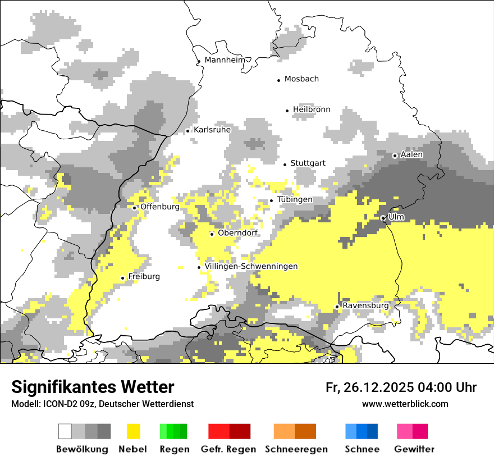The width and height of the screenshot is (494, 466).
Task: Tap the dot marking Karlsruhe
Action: pyautogui.click(x=188, y=131)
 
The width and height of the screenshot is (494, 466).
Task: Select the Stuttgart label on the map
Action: pyautogui.click(x=308, y=163)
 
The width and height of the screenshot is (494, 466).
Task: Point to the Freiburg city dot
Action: pyautogui.click(x=123, y=278)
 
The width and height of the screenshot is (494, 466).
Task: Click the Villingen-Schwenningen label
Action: pyautogui.click(x=251, y=267)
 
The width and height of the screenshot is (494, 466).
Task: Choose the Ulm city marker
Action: pyautogui.click(x=383, y=218)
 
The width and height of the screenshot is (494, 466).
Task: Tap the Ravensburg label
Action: pyautogui.click(x=365, y=306)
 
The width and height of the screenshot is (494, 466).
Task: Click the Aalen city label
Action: pyautogui.click(x=411, y=154)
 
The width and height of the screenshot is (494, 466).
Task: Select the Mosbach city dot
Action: pyautogui.click(x=279, y=80)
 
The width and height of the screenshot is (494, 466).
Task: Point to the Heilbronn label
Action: pyautogui.click(x=312, y=109)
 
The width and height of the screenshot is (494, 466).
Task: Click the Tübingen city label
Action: pyautogui.click(x=295, y=200)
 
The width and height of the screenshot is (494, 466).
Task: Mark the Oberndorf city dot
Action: pyautogui.click(x=212, y=234)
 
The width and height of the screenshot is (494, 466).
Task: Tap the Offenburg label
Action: pyautogui.click(x=160, y=207)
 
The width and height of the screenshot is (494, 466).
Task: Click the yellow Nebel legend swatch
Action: pyautogui.click(x=134, y=431)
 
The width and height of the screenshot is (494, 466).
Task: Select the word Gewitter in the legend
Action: pyautogui.click(x=414, y=449)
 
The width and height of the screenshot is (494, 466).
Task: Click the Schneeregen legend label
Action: pyautogui.click(x=296, y=449)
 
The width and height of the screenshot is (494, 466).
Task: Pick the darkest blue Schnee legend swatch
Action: pyautogui.click(x=373, y=431)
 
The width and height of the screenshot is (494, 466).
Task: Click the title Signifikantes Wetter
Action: pyautogui.click(x=93, y=387)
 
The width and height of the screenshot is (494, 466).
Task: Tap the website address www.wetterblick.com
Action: pyautogui.click(x=405, y=404)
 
